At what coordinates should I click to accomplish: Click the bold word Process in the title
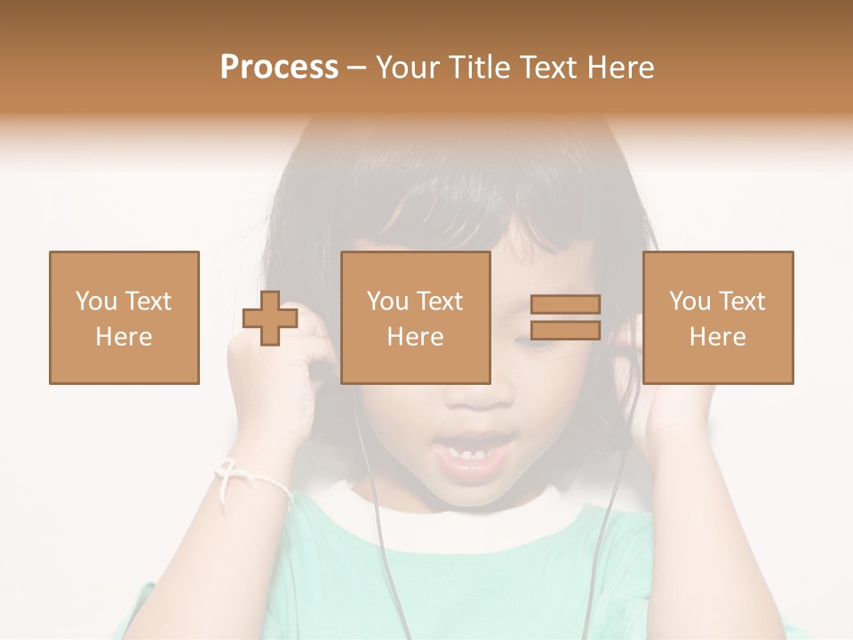click(x=279, y=68)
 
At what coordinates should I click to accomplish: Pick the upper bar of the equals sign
click(x=565, y=305)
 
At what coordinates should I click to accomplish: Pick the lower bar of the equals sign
click(x=565, y=331)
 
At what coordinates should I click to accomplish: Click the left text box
click(x=124, y=317)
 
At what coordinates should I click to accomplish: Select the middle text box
click(x=416, y=317)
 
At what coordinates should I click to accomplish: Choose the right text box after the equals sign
click(x=718, y=317)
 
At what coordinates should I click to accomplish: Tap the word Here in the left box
click(x=124, y=337)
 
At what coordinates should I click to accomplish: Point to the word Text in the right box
click(x=742, y=301)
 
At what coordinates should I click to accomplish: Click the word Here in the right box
click(x=717, y=337)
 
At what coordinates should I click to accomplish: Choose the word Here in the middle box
click(x=415, y=337)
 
